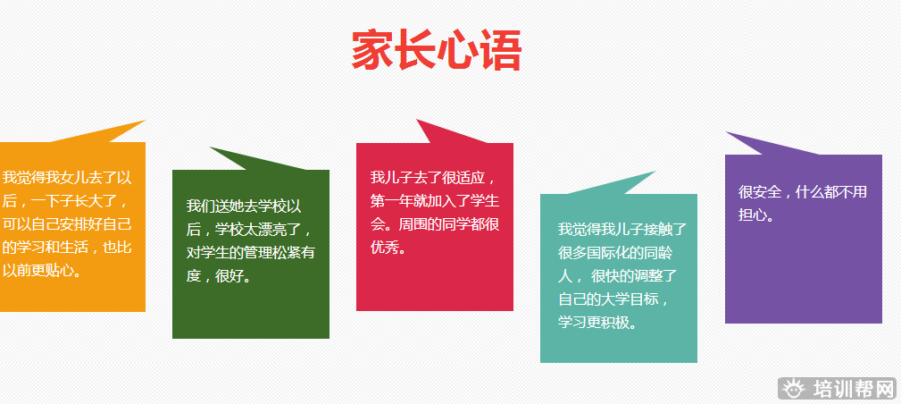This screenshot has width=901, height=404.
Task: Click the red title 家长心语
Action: [437, 51]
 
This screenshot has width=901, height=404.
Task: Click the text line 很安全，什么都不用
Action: [803, 191]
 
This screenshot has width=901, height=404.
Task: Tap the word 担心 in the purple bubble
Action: [753, 215]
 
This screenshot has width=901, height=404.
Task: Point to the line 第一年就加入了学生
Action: [435, 200]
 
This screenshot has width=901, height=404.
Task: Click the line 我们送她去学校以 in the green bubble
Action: [244, 206]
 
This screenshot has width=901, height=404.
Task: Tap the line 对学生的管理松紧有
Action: [251, 252]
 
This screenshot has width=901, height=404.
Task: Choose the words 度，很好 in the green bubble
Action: [212, 275]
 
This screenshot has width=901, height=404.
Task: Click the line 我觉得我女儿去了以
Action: [67, 177]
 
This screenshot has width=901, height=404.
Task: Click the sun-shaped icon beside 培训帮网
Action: [794, 389]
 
